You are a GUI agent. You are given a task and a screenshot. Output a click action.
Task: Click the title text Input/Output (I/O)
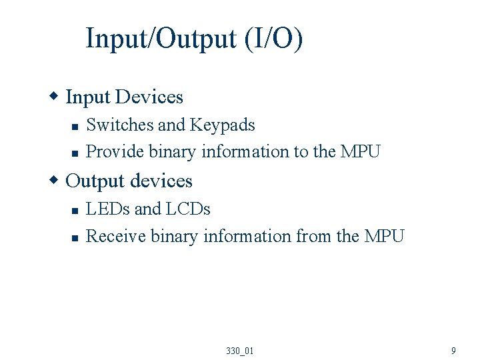tap(194, 39)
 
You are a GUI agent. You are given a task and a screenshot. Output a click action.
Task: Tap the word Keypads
tap(223, 125)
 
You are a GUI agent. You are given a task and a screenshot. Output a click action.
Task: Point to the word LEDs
tap(108, 209)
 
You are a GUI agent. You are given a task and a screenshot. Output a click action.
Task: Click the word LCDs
tap(188, 209)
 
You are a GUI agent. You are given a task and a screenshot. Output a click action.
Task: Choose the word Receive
tap(116, 236)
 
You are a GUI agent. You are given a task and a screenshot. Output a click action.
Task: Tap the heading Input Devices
tap(124, 97)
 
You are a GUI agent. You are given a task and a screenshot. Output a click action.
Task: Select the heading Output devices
tap(129, 181)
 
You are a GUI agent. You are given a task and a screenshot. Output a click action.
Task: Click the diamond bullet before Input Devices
tap(56, 97)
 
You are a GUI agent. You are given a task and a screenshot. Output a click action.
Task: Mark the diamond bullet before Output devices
tap(56, 181)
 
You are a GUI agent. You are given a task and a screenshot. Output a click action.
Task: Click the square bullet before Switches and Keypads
tap(75, 126)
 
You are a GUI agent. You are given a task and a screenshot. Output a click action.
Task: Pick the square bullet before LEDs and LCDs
tap(75, 210)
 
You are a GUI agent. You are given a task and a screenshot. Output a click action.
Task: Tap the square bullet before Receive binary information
tap(75, 237)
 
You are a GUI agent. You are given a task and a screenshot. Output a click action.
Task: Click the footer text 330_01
tap(240, 351)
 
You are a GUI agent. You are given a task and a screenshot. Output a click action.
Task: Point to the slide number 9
tap(453, 351)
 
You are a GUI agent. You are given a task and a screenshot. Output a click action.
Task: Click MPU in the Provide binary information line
tap(360, 151)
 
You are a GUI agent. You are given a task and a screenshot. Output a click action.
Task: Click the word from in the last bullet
tap(313, 236)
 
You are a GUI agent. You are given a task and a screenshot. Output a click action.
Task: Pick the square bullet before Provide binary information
tap(75, 153)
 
